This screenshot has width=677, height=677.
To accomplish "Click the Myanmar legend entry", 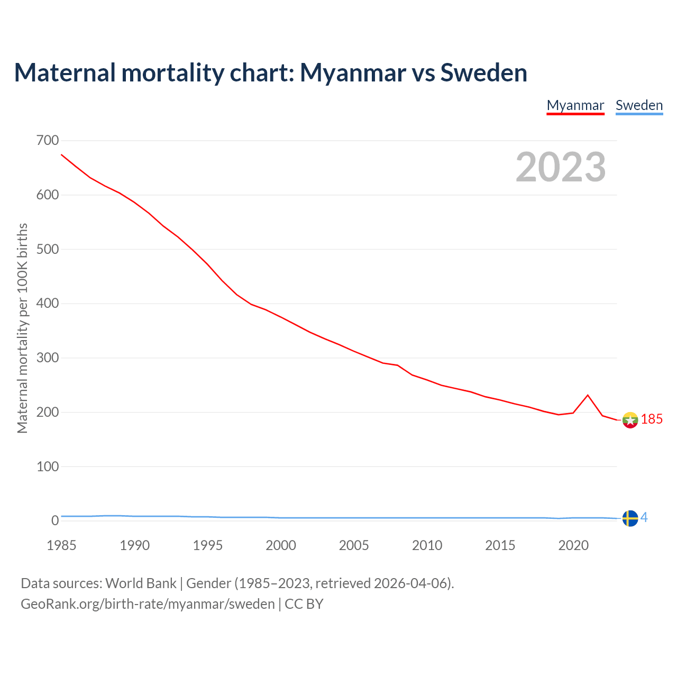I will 575,105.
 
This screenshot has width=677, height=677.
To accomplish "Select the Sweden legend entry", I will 639,105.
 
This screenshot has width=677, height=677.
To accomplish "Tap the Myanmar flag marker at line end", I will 630,420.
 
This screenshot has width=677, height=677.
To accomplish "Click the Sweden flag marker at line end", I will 630,518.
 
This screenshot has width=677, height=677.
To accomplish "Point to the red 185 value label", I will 652,419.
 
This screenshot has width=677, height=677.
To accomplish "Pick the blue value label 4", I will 644,518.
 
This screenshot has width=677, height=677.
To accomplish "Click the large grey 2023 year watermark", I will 561,167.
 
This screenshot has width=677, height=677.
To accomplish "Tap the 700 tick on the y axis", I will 48,141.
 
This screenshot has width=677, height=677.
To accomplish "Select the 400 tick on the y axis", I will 48,304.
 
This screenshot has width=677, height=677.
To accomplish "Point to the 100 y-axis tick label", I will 48,466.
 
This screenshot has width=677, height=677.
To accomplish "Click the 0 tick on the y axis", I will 55,521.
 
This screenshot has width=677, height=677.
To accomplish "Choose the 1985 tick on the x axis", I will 61,545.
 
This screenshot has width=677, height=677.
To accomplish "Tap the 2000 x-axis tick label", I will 281,545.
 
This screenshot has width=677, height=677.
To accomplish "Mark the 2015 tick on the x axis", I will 500,545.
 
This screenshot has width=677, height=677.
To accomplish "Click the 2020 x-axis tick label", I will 573,545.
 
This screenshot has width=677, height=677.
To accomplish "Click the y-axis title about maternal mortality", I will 22,328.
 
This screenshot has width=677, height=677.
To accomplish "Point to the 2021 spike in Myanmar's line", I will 588,395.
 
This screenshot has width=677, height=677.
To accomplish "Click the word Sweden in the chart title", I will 483,73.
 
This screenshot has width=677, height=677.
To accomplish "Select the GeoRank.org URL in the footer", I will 148,604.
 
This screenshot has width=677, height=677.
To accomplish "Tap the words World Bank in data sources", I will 141,583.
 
